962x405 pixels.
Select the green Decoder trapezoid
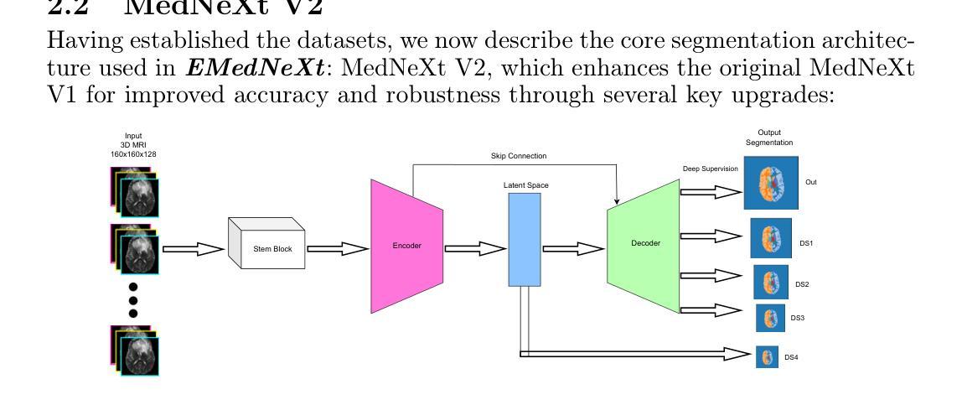[645, 244]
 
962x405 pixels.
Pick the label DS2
[802, 284]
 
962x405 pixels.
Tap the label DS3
[798, 319]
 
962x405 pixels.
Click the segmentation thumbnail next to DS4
[766, 358]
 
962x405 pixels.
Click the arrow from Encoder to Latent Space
[473, 249]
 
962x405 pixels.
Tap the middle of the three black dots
[132, 299]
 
